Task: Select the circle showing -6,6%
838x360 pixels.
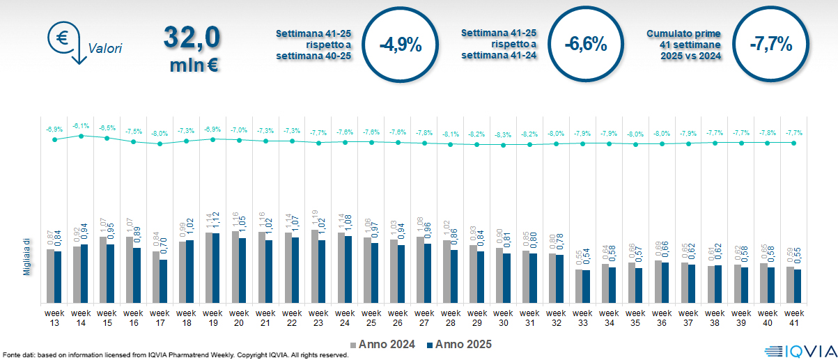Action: [586, 45]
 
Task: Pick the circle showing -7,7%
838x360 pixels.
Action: [771, 45]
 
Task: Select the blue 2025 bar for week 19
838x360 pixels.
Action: [216, 268]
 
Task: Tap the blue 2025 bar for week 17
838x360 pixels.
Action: [163, 281]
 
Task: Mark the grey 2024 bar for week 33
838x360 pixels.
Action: [579, 286]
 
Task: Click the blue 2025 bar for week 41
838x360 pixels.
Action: [798, 286]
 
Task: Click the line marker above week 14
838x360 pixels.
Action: [81, 136]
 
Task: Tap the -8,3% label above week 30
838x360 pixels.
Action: [503, 134]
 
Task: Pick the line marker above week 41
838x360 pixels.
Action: [794, 143]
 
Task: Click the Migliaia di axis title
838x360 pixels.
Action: [26, 256]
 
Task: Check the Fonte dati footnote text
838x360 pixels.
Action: [174, 355]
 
